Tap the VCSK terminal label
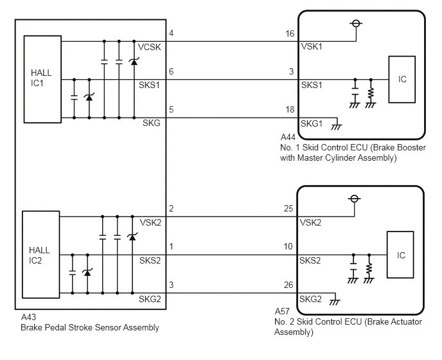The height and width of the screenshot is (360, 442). pos(150,47)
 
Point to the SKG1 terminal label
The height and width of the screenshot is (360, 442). pos(312,123)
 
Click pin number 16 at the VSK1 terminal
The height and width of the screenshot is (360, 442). pos(290,33)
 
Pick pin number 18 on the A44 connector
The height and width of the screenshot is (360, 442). pos(290,109)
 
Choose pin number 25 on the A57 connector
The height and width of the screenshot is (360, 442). pos(288,208)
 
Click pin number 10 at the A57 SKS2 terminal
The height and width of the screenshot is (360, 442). pos(288,247)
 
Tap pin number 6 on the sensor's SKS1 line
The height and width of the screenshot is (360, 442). pos(171,71)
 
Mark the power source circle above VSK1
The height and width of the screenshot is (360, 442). pos(356,23)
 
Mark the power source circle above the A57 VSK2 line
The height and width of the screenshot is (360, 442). pos(355,199)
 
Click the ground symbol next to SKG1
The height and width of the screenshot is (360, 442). pos(337,127)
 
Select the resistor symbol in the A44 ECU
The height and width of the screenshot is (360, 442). pos(371,94)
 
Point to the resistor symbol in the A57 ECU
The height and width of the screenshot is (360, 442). pos(369,269)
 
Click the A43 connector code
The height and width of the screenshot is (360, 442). pos(28,317)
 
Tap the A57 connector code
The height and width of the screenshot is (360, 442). pos(282,311)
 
